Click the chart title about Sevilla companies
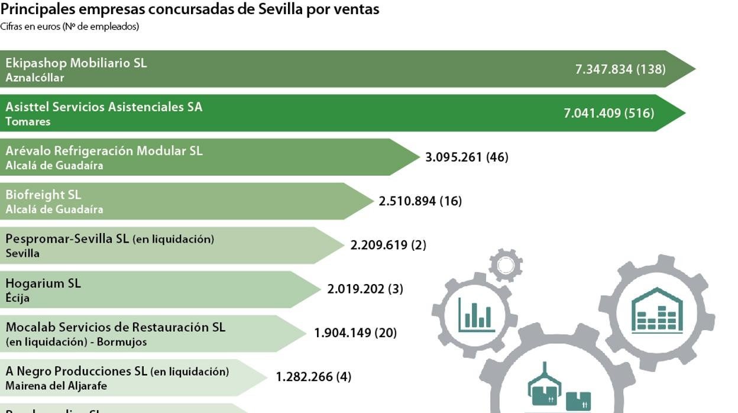click(190, 9)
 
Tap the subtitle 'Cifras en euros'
click(70, 27)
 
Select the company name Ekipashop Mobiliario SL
click(76, 63)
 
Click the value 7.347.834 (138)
click(620, 69)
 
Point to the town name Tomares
click(28, 121)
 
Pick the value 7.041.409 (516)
click(609, 113)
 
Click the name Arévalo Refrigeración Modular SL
click(104, 151)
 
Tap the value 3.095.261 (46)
click(467, 157)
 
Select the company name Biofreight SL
click(43, 195)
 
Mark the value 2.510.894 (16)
click(420, 201)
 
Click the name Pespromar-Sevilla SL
click(67, 239)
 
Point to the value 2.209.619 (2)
click(388, 245)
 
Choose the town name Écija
click(18, 298)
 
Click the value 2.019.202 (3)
click(365, 289)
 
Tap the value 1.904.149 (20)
click(355, 333)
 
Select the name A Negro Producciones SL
click(76, 372)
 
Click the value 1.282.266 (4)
click(313, 377)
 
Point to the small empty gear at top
click(506, 265)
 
